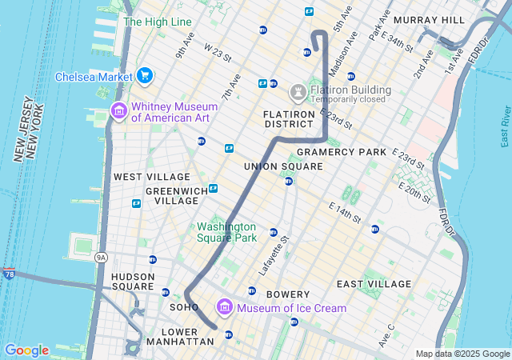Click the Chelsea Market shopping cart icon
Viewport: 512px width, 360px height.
pos(144,76)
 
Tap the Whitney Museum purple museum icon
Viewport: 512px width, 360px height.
pos(118,110)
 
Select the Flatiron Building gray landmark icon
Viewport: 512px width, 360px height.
pos(298,93)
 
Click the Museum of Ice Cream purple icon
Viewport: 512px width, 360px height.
pos(224,307)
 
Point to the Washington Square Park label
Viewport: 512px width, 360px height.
pos(227,232)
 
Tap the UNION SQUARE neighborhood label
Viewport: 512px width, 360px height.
pos(283,166)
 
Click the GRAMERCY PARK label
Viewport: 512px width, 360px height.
pos(341,152)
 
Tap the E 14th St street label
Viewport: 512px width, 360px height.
pos(346,211)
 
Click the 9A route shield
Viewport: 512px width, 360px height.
pos(101,257)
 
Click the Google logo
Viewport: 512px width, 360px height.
pos(26,350)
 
